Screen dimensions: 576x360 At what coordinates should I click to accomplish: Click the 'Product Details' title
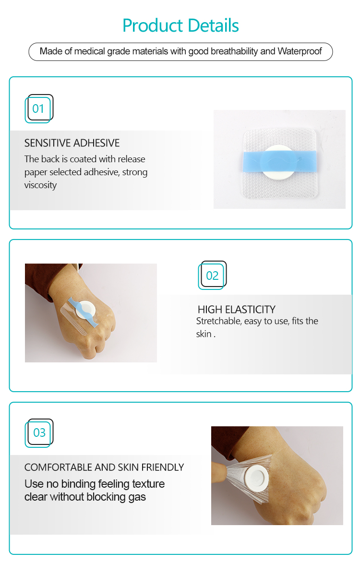coord(180,25)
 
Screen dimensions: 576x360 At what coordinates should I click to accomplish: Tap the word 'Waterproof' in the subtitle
coord(300,51)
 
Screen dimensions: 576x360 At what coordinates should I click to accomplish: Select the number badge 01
coord(38,108)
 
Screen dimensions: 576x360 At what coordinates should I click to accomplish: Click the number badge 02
coord(212,276)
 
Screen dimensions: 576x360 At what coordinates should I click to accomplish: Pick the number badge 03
coord(39,433)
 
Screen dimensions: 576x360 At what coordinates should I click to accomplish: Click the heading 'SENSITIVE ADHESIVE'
coord(72,143)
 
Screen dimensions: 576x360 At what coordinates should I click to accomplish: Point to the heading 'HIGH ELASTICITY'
coord(237,310)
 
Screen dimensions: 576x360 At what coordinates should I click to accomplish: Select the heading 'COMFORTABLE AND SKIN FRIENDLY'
coord(104,468)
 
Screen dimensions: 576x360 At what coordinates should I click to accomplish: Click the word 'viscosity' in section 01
coord(40,185)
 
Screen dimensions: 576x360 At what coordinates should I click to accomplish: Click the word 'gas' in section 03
coord(137,497)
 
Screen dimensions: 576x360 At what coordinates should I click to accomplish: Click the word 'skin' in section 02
coord(204,334)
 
